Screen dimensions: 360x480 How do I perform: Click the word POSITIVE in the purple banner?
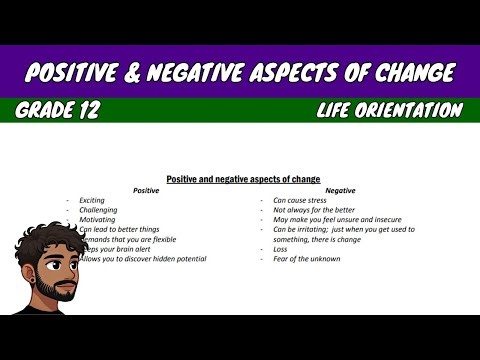tap(80, 72)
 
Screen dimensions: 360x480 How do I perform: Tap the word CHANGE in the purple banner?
tap(405, 72)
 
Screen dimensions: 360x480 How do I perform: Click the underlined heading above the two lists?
tap(243, 179)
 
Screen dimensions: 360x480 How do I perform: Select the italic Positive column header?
tap(146, 190)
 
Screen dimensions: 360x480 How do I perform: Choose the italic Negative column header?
tap(340, 190)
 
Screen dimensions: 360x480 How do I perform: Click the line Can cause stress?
tap(301, 200)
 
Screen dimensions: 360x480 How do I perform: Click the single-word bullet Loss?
tap(282, 249)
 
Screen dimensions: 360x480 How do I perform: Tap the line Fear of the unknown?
tap(307, 259)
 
